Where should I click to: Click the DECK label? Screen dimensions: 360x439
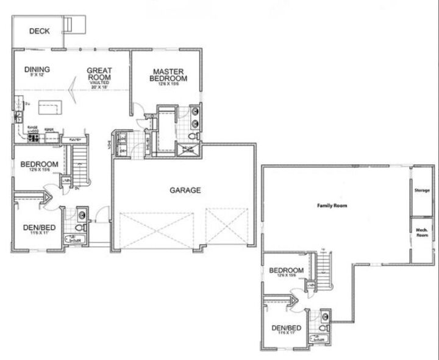(x=39, y=32)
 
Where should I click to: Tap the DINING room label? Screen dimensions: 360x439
(x=37, y=69)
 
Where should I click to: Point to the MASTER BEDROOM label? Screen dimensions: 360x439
(x=170, y=75)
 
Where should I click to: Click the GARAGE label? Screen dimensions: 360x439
(x=185, y=190)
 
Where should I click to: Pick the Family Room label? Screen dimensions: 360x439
(x=332, y=206)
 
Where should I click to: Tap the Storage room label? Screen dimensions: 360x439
(x=422, y=191)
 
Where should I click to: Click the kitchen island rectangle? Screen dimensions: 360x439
(x=52, y=108)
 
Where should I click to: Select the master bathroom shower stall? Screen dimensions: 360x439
(x=185, y=149)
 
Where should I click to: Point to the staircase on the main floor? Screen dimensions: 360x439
(x=81, y=164)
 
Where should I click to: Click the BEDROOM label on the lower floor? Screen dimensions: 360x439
(x=286, y=270)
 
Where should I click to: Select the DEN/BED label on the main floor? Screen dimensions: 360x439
(x=40, y=228)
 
